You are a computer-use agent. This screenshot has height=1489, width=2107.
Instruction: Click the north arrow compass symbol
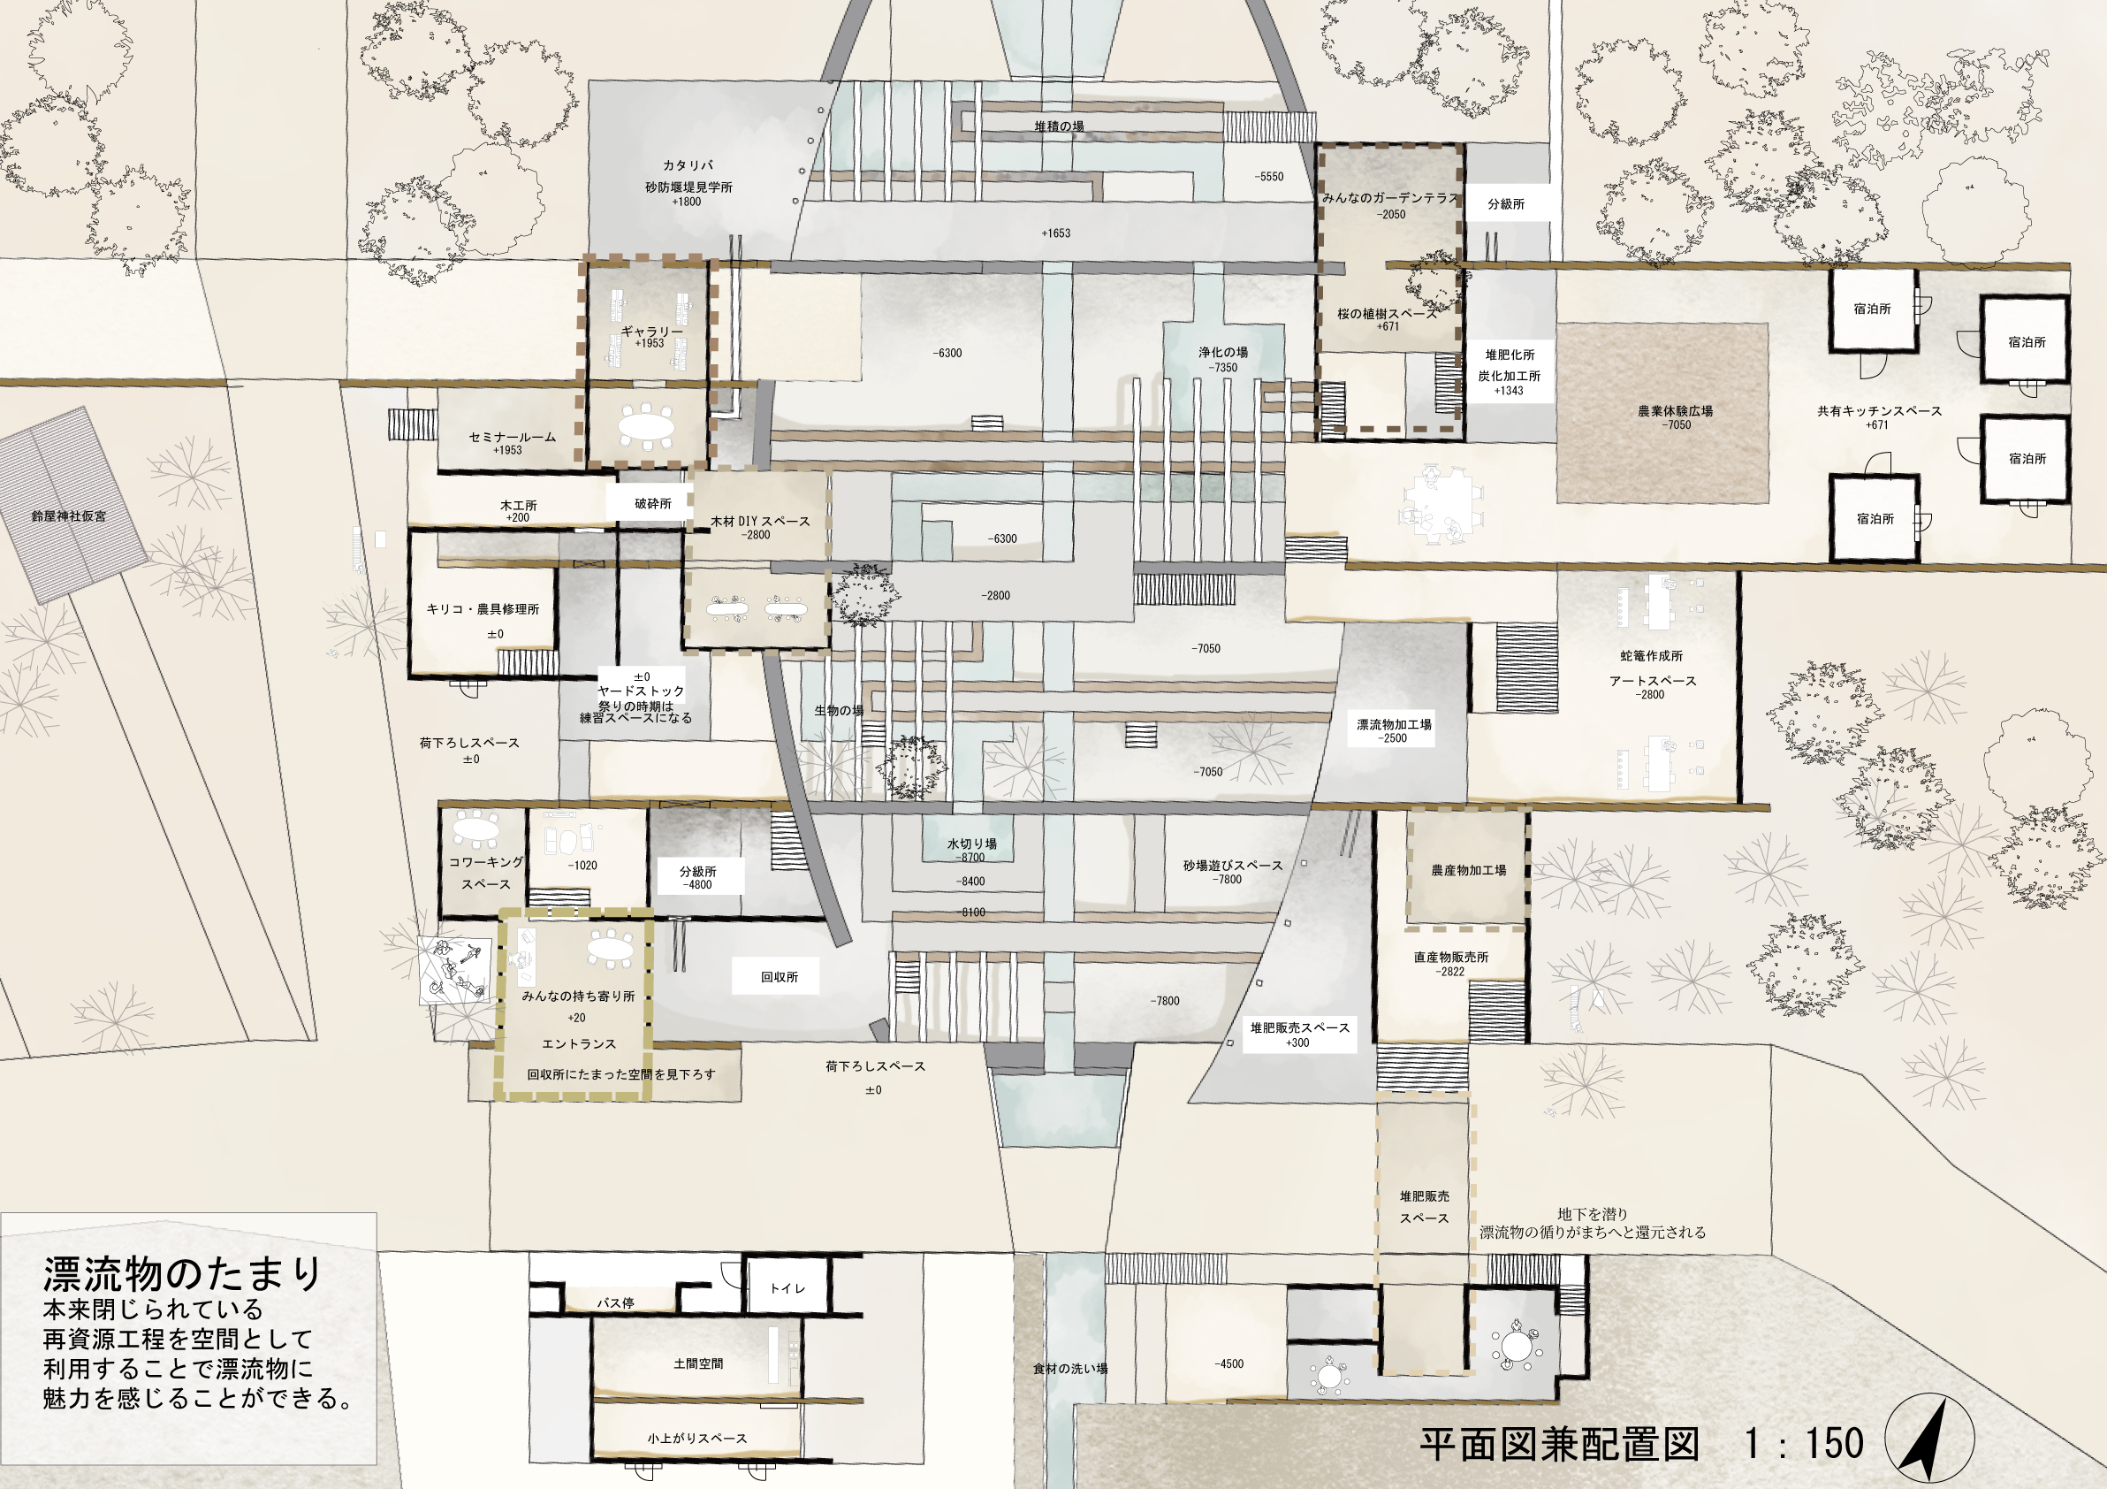[x=1929, y=1438]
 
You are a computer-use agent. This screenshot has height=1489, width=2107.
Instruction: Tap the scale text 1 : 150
[x=1804, y=1443]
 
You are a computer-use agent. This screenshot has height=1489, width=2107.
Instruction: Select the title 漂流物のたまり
[x=182, y=1274]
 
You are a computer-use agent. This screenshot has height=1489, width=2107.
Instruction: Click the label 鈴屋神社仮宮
[x=69, y=515]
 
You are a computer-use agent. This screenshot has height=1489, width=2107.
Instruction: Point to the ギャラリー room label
[x=651, y=332]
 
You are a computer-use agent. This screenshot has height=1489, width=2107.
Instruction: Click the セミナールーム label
[x=512, y=437]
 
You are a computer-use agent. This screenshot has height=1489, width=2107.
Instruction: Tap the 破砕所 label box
[x=652, y=503]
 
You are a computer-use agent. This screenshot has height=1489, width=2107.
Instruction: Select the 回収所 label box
[x=780, y=977]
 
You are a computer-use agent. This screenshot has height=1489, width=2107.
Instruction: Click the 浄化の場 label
[x=1222, y=353]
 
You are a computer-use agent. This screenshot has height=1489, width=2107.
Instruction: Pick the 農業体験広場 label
[x=1676, y=411]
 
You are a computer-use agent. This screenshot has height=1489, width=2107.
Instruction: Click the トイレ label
[x=787, y=1288]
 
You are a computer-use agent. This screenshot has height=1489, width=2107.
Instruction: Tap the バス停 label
[x=615, y=1302]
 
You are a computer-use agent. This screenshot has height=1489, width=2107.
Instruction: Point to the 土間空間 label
[x=697, y=1364]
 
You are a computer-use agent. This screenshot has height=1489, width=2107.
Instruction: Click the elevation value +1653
[x=1055, y=233]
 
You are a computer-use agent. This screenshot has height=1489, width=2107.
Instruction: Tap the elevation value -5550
[x=1269, y=176]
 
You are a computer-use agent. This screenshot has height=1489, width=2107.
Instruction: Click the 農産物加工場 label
[x=1468, y=870]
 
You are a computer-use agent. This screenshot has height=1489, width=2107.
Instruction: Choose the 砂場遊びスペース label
[x=1232, y=866]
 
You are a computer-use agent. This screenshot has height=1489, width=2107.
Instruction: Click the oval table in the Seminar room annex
[x=647, y=427]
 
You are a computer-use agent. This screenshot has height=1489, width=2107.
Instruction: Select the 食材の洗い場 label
[x=1070, y=1369]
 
